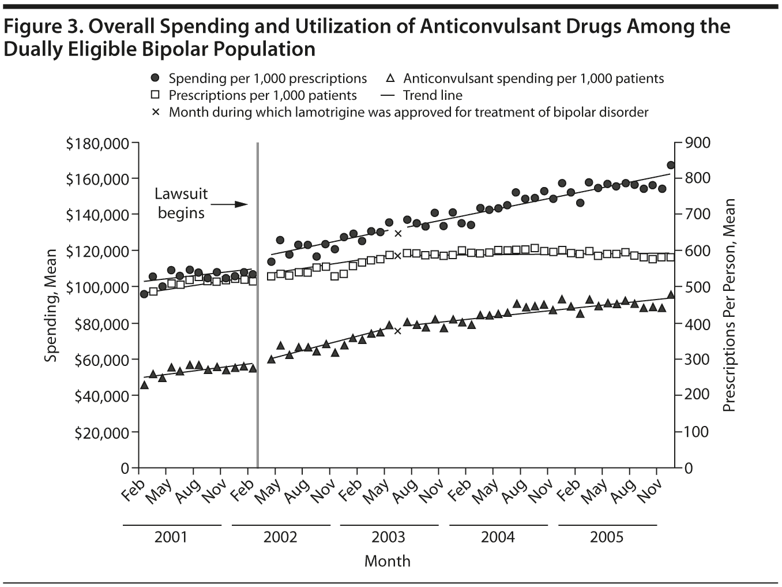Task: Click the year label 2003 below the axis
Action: click(x=389, y=537)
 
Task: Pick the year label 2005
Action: click(x=607, y=537)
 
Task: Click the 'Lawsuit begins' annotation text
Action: click(x=181, y=203)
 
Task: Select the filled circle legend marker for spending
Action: click(x=155, y=78)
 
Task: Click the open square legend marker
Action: click(x=155, y=95)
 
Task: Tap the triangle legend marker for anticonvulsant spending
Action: click(x=390, y=78)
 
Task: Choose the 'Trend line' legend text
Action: click(x=433, y=95)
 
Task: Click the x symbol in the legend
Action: click(x=155, y=112)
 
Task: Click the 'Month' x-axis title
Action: click(x=388, y=561)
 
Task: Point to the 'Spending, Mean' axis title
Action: click(x=51, y=305)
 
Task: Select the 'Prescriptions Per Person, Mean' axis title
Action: click(x=729, y=305)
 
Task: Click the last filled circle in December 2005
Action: click(x=671, y=165)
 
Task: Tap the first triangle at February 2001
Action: click(x=144, y=385)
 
